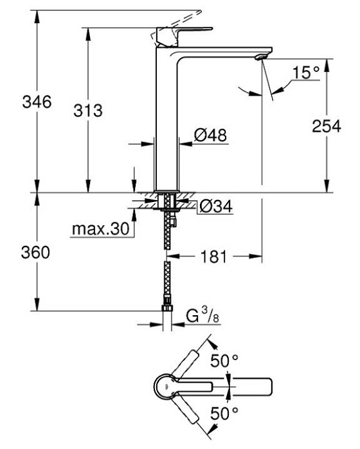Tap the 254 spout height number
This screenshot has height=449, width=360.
326,127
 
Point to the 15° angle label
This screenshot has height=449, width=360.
305,73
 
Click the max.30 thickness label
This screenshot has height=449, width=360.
100,228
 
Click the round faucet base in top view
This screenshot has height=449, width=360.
165,386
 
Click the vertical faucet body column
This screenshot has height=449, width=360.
168,122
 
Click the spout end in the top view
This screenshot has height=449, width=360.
267,386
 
